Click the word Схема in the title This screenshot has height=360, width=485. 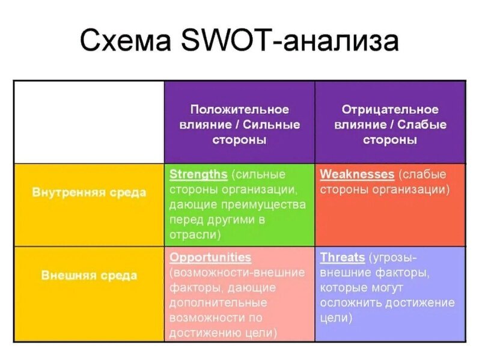126,40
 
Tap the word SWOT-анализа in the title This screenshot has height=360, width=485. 290,40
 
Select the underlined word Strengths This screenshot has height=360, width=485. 198,174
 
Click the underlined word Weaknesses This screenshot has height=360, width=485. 357,174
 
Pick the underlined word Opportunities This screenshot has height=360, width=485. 210,258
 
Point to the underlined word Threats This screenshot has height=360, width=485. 343,257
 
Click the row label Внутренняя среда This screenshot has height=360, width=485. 89,192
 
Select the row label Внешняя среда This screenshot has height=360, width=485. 89,275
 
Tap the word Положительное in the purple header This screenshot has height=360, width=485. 240,109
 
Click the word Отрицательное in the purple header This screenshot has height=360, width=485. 390,109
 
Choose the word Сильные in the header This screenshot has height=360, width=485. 271,124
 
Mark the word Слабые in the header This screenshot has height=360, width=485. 422,124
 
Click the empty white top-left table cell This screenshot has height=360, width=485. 89,122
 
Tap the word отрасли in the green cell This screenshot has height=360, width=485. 195,235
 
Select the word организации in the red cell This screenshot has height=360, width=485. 410,189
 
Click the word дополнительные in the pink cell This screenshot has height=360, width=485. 218,303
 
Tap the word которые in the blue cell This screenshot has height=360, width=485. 343,288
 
